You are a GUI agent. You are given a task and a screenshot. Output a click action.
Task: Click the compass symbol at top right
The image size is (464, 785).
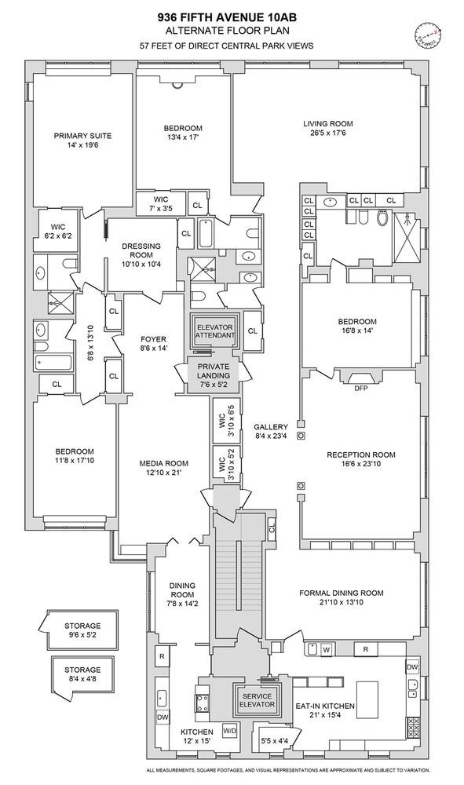pos(426,34)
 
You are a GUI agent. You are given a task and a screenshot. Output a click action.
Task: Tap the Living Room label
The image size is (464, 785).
pos(328,123)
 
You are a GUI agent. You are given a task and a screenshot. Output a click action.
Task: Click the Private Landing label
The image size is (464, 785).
pos(213,371)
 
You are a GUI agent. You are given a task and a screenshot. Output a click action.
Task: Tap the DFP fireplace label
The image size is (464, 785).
pos(361,388)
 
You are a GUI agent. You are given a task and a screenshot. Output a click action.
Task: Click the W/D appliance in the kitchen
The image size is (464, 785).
pos(230,729)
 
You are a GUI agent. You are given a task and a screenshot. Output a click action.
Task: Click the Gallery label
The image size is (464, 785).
pos(270,427)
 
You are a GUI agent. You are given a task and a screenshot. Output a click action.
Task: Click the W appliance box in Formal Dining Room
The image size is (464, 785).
pos(325,650)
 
